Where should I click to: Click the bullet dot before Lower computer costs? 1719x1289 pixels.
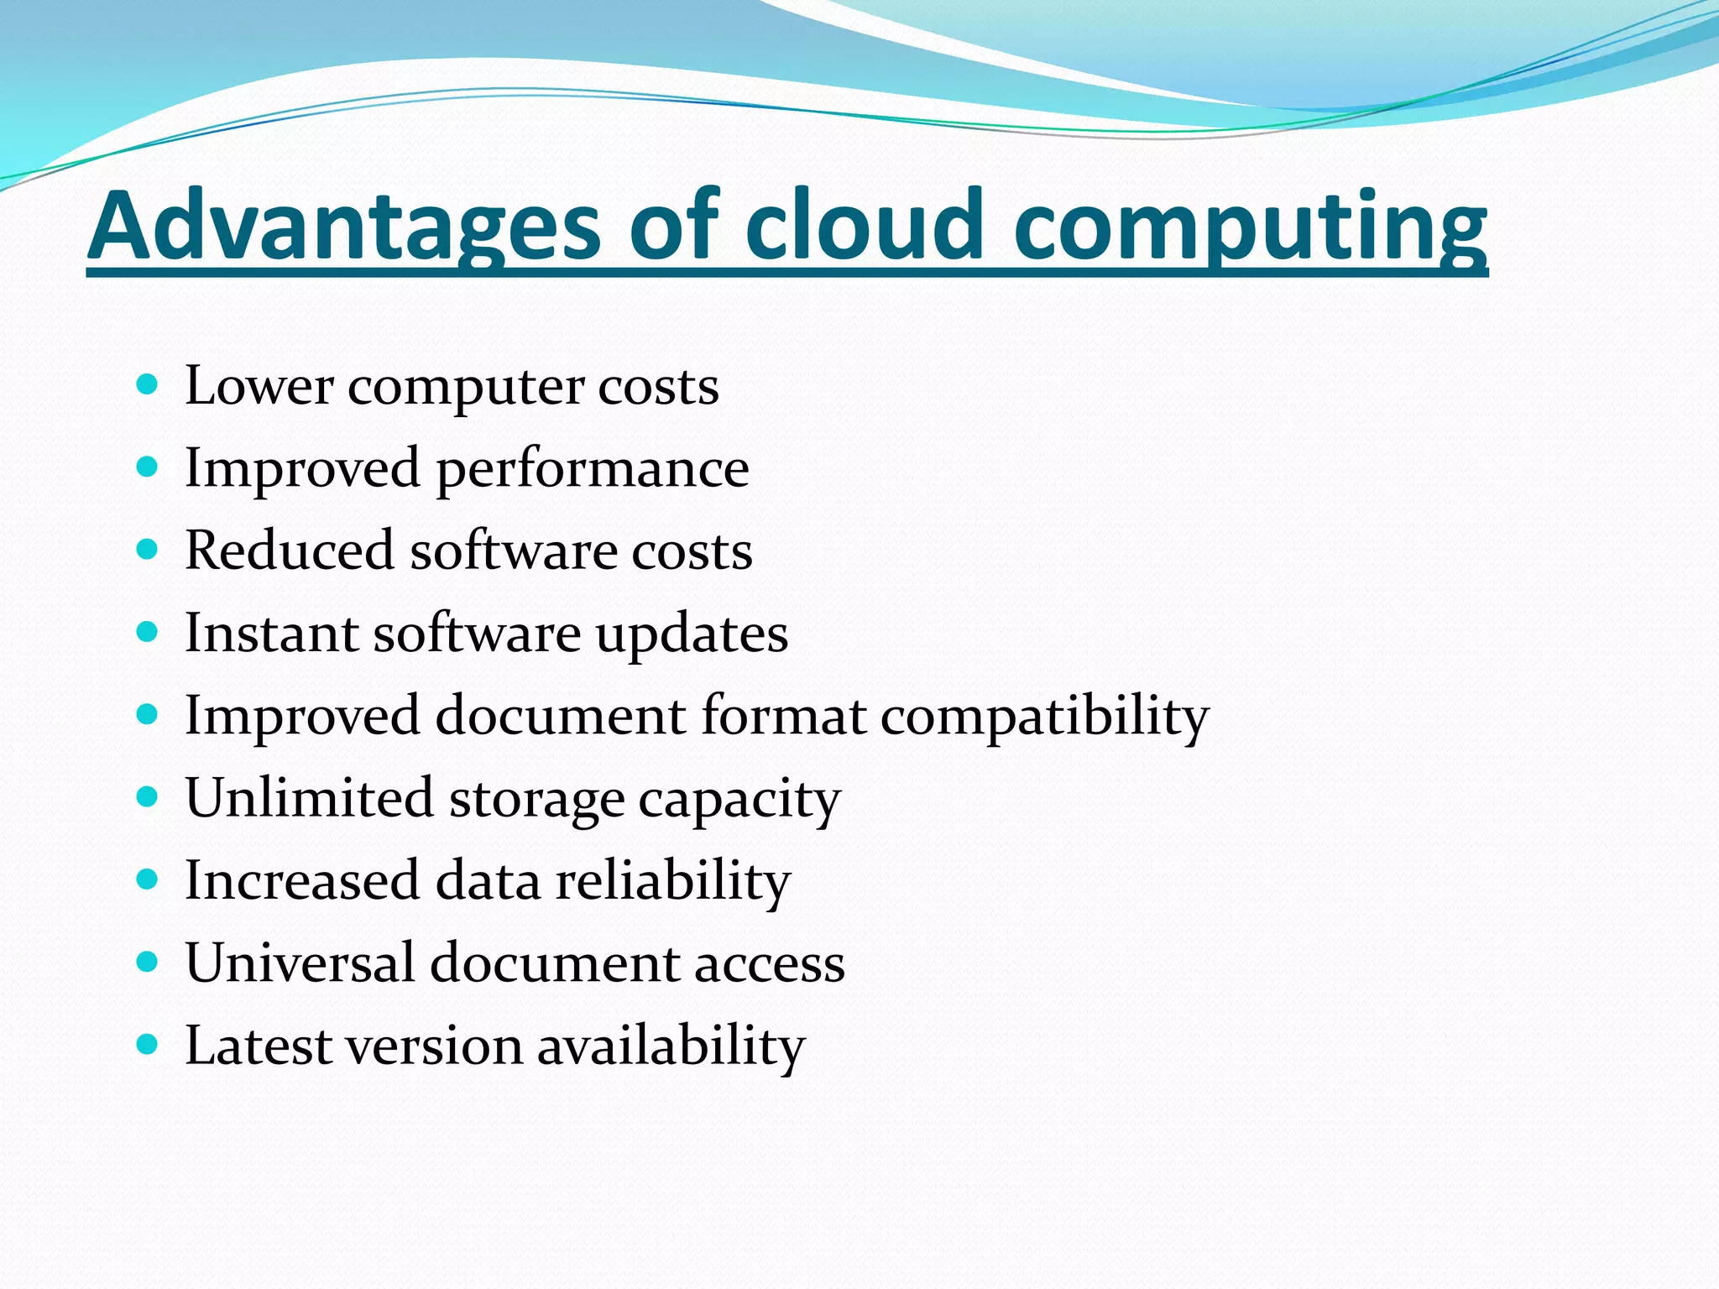coord(147,385)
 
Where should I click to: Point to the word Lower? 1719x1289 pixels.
coord(259,386)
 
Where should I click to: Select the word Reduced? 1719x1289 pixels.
coord(290,551)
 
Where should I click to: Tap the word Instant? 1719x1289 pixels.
coord(271,633)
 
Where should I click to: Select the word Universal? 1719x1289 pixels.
coord(300,963)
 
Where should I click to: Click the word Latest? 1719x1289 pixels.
coord(259,1046)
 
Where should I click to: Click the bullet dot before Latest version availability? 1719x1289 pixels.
coord(147,1045)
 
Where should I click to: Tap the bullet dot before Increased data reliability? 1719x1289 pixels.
coord(147,879)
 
